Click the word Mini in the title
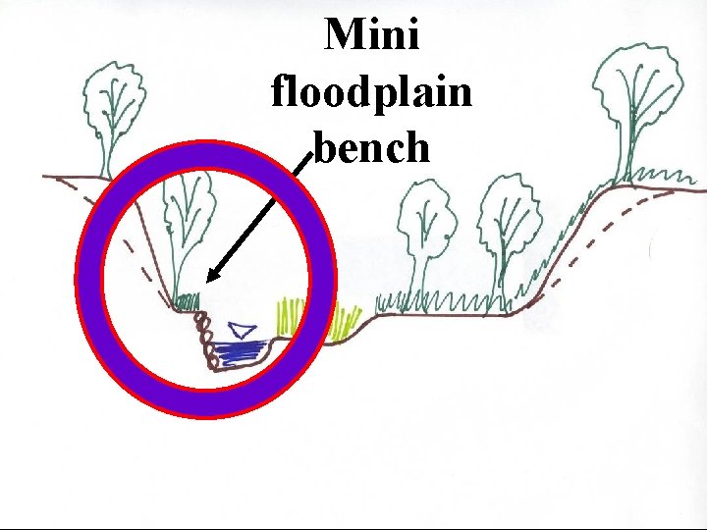tap(372, 36)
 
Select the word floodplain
tap(372, 92)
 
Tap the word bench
tap(372, 147)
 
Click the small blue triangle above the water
tap(242, 330)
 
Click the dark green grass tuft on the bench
tap(188, 298)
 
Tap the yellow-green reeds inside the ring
tap(288, 316)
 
